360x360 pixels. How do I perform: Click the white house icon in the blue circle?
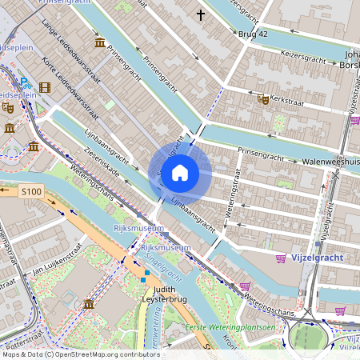(x=180, y=172)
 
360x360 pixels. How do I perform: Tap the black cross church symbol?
(x=201, y=14)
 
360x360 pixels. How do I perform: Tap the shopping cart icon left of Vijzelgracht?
(x=281, y=258)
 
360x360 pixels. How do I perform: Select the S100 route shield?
(x=31, y=192)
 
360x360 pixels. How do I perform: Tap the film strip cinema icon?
(x=44, y=87)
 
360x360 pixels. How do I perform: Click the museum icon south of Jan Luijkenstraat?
(x=88, y=305)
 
